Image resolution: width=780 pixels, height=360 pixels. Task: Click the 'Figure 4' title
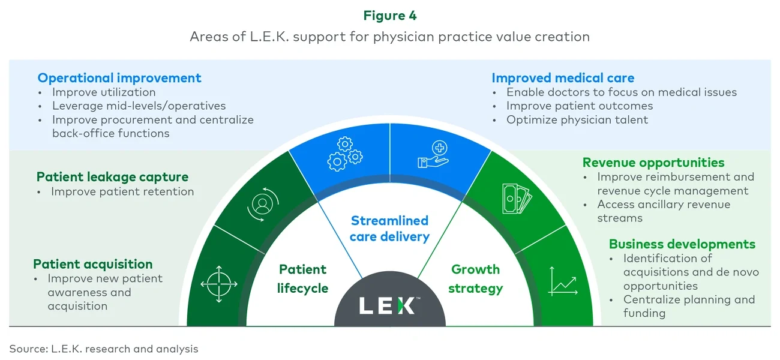point(390,16)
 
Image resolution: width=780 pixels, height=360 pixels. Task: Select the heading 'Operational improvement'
point(119,78)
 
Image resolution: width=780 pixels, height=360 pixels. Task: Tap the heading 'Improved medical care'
point(563,78)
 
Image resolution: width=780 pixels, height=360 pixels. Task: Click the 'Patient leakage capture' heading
point(112,177)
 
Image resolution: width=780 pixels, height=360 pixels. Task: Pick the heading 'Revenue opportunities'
point(653,163)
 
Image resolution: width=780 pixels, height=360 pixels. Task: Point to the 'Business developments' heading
point(682,244)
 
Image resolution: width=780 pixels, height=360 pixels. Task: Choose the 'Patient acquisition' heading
point(93,265)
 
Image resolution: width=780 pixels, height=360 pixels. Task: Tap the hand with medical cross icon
point(433,154)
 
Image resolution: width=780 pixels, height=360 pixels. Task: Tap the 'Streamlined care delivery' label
point(390,229)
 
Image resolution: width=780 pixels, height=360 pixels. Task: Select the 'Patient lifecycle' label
point(303,279)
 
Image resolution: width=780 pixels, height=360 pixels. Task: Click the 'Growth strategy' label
point(476,279)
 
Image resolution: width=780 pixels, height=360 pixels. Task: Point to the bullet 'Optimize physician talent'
point(577,119)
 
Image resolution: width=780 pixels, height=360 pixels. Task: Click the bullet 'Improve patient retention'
point(122,192)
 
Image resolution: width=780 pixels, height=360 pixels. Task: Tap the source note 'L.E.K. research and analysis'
point(103,349)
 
